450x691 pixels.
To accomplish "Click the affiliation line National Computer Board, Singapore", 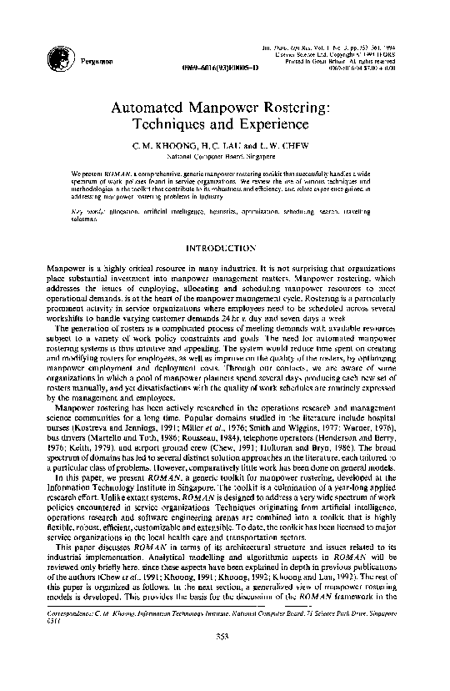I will [225, 155].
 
